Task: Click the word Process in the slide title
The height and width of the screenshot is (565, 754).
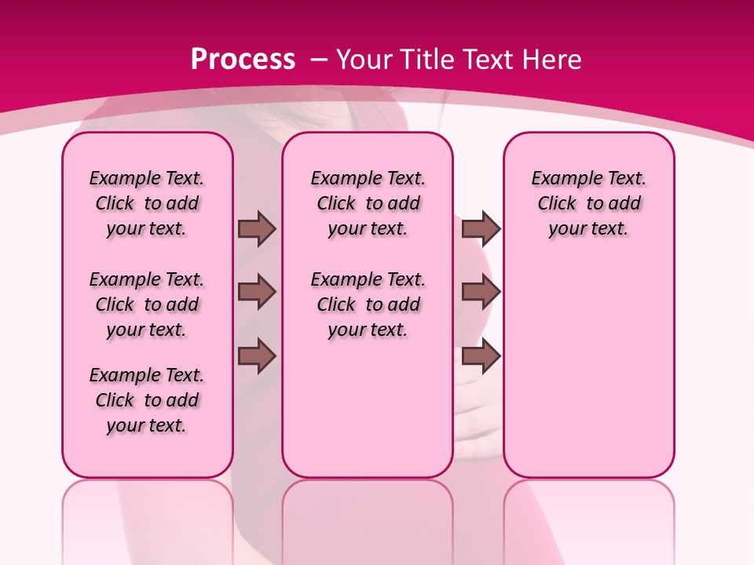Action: click(x=243, y=59)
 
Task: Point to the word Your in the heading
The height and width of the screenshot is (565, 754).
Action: click(x=365, y=59)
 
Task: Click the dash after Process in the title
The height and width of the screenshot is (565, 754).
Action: click(x=319, y=60)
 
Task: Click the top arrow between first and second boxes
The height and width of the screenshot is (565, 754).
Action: click(x=257, y=228)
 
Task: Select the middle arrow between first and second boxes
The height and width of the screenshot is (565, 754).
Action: click(x=257, y=292)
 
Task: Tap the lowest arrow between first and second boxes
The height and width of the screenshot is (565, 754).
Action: click(x=257, y=356)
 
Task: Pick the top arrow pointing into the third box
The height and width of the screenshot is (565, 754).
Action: click(x=481, y=228)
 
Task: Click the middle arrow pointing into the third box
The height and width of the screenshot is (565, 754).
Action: click(x=481, y=292)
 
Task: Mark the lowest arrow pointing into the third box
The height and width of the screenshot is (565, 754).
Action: click(x=481, y=356)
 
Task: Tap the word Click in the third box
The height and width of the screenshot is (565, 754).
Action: click(x=557, y=203)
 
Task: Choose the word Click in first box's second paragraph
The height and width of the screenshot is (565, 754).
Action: click(x=115, y=304)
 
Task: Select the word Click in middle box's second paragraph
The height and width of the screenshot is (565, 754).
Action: click(x=336, y=304)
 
